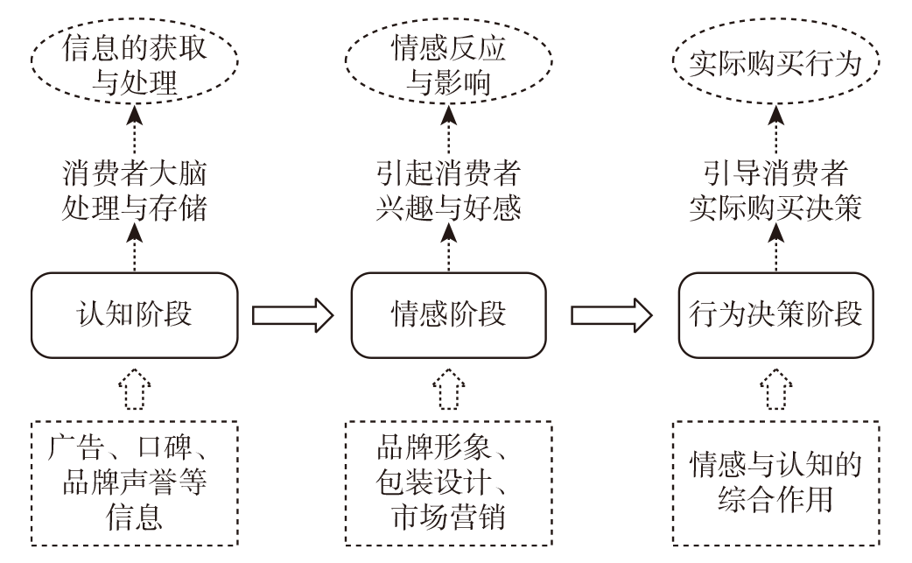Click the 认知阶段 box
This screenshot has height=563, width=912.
pos(134,314)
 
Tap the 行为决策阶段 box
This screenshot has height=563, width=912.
pos(776,314)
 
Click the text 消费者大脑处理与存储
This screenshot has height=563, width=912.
pos(134,190)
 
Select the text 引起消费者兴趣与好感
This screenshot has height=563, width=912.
pos(449,190)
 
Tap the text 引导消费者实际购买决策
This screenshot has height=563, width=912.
pos(776,190)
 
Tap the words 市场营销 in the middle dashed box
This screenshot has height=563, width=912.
pos(449,516)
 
